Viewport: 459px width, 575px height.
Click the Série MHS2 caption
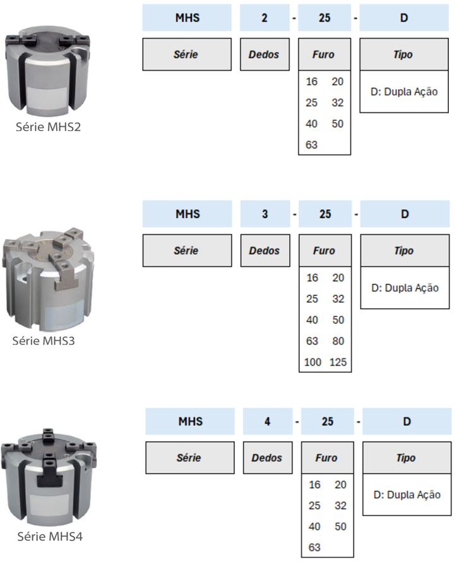pyautogui.click(x=49, y=127)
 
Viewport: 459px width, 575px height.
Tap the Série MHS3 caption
pyautogui.click(x=49, y=341)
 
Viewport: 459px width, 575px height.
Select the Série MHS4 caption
pyautogui.click(x=49, y=537)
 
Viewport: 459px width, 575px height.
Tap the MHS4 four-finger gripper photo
pyautogui.click(x=50, y=476)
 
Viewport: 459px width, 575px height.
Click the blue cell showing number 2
pyautogui.click(x=264, y=18)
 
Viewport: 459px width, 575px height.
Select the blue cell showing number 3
pyautogui.click(x=265, y=214)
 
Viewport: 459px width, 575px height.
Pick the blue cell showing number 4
pyautogui.click(x=267, y=421)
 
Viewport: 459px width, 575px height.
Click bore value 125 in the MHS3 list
pyautogui.click(x=338, y=362)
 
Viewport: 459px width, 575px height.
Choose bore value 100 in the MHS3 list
pyautogui.click(x=312, y=362)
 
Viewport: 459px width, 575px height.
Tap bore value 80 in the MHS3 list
pyautogui.click(x=338, y=341)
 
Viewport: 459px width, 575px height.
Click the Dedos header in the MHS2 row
pyautogui.click(x=264, y=54)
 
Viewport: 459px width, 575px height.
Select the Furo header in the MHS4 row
pyautogui.click(x=326, y=458)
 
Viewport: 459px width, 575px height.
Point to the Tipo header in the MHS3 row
pyautogui.click(x=404, y=251)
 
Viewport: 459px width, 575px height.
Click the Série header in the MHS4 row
pyautogui.click(x=189, y=458)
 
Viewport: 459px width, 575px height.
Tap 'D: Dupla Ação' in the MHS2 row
pyautogui.click(x=404, y=92)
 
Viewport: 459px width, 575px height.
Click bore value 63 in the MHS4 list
pyautogui.click(x=314, y=547)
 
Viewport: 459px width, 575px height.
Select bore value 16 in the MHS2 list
pyautogui.click(x=312, y=82)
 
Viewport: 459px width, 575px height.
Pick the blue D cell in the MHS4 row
pyautogui.click(x=407, y=421)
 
